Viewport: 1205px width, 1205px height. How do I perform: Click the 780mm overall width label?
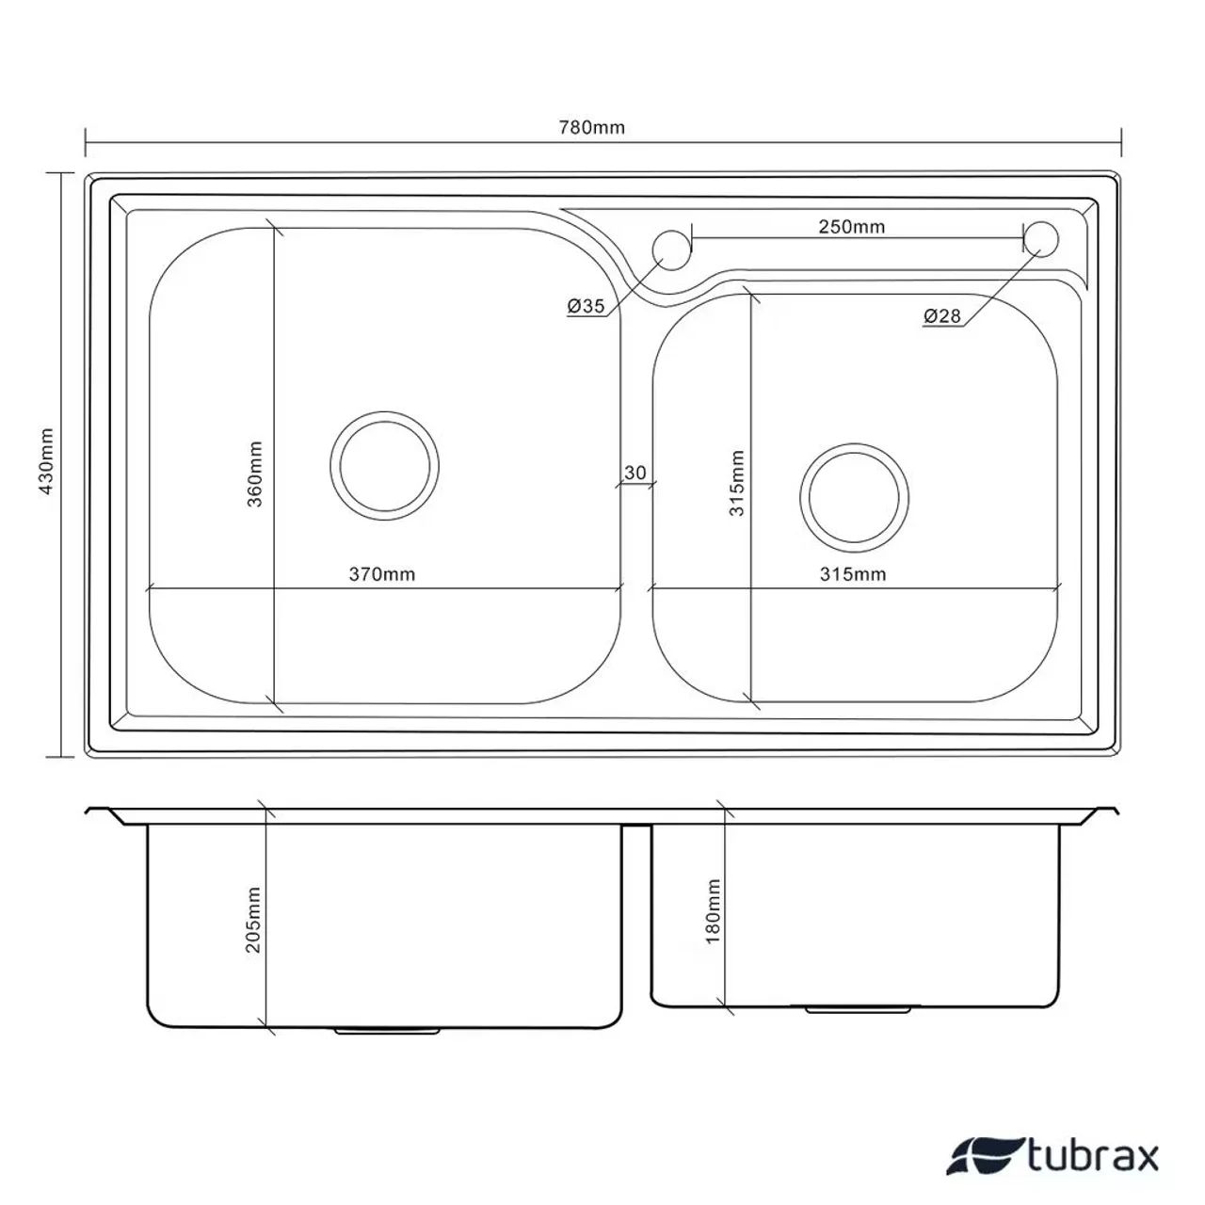(x=591, y=128)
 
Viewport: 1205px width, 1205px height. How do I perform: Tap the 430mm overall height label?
(x=47, y=461)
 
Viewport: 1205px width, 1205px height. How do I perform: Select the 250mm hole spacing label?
(x=852, y=226)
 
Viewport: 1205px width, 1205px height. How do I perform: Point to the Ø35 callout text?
(x=586, y=306)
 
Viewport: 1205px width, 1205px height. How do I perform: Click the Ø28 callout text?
(x=941, y=315)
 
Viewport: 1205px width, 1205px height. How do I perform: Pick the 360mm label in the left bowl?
(x=254, y=474)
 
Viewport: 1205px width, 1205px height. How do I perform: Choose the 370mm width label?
(x=382, y=574)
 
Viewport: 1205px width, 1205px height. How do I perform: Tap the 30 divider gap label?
(x=635, y=473)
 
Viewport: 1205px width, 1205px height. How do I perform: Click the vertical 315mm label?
(x=736, y=483)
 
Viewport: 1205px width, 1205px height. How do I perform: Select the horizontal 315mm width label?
(x=853, y=574)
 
